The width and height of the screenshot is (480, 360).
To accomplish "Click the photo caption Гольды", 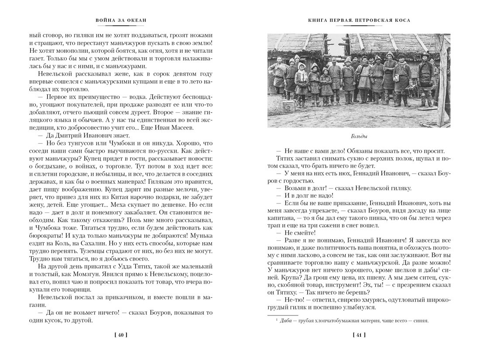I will pos(359,135).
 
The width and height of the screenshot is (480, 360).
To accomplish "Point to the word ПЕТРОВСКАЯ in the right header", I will pos(370,20).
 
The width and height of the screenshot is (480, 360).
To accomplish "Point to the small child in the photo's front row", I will pos(325,85).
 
